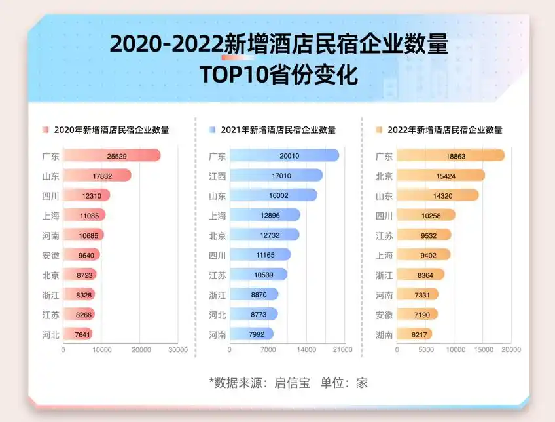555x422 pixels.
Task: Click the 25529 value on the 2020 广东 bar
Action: click(117, 156)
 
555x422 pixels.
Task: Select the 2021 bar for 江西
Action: click(276, 176)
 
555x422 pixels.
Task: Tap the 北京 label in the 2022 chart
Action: click(384, 176)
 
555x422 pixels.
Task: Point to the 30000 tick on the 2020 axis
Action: click(178, 350)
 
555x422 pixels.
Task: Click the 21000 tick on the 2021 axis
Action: click(343, 350)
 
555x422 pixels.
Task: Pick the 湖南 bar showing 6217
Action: click(414, 334)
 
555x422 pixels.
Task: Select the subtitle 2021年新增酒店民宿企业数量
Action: click(278, 130)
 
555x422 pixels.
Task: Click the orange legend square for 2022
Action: click(378, 130)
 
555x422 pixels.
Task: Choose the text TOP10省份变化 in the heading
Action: click(279, 75)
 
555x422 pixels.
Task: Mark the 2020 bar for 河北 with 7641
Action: click(78, 334)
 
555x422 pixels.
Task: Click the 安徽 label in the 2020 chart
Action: click(50, 256)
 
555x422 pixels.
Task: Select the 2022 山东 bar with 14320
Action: click(437, 195)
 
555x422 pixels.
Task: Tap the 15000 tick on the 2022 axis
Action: click(483, 350)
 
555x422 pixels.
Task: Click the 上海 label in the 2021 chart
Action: click(217, 216)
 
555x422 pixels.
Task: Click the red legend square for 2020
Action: click(45, 130)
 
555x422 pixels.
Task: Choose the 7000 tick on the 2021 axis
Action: click(268, 350)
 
